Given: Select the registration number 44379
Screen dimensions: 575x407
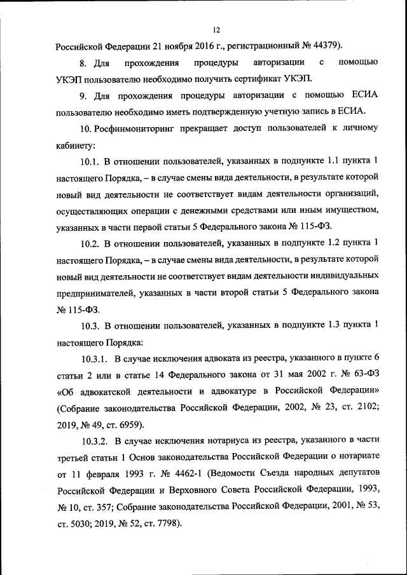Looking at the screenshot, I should pyautogui.click(x=325, y=46).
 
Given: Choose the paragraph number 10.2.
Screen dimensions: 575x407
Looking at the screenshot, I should pyautogui.click(x=91, y=244).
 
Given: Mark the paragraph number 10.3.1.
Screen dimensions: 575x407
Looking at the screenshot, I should pyautogui.click(x=95, y=360).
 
